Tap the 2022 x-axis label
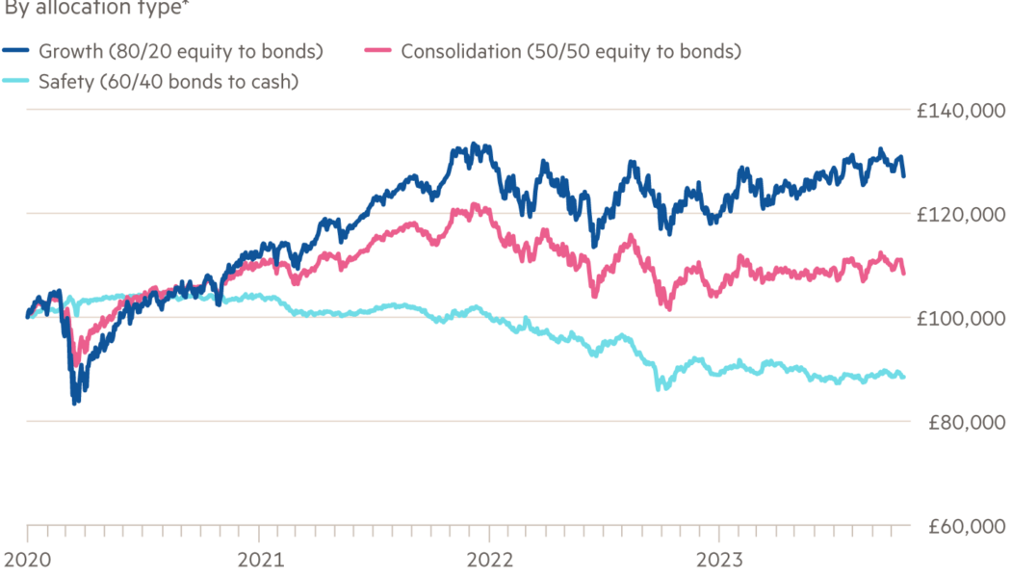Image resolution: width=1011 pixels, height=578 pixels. (x=489, y=559)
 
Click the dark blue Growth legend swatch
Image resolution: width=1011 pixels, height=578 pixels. (x=17, y=51)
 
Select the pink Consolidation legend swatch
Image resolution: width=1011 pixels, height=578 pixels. (x=380, y=51)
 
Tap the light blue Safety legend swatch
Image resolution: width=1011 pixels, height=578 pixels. (x=17, y=82)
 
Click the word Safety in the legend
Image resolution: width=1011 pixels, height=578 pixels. (x=64, y=82)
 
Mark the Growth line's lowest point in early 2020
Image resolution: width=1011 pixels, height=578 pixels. (x=75, y=402)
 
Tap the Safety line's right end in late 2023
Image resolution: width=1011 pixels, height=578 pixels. (x=903, y=377)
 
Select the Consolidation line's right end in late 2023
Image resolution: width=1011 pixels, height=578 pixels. (x=903, y=274)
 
